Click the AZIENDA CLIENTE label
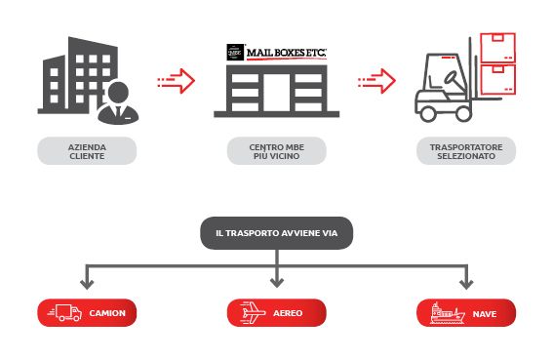point(87,151)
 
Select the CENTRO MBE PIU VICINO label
point(277,151)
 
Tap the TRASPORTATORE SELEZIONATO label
point(466,151)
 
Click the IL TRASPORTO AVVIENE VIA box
point(277,233)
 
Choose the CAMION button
point(87,313)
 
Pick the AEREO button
point(277,313)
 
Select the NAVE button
point(466,313)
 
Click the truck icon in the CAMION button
point(65,313)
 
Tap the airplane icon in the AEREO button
point(253,312)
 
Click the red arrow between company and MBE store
point(177,81)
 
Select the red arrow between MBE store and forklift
point(376,81)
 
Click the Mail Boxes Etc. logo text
point(286,53)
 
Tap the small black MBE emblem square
point(235,53)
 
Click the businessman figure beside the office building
point(118,103)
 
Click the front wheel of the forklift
point(463,113)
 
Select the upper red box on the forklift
point(497,48)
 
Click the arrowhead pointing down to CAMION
point(87,284)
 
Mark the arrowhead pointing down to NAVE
point(466,284)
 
